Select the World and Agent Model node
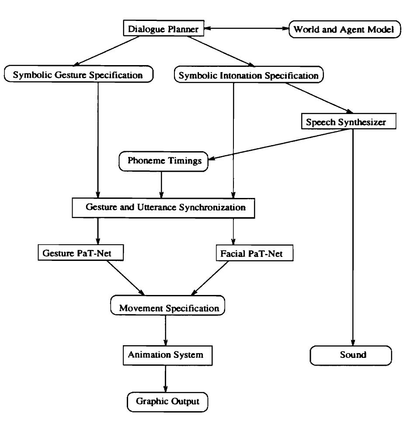click(x=344, y=30)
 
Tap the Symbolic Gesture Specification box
click(x=79, y=74)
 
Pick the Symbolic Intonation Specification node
click(x=249, y=75)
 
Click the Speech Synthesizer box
click(x=348, y=122)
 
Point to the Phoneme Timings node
click(x=164, y=161)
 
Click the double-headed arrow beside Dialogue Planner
click(x=247, y=30)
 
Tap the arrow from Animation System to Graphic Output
click(x=166, y=378)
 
